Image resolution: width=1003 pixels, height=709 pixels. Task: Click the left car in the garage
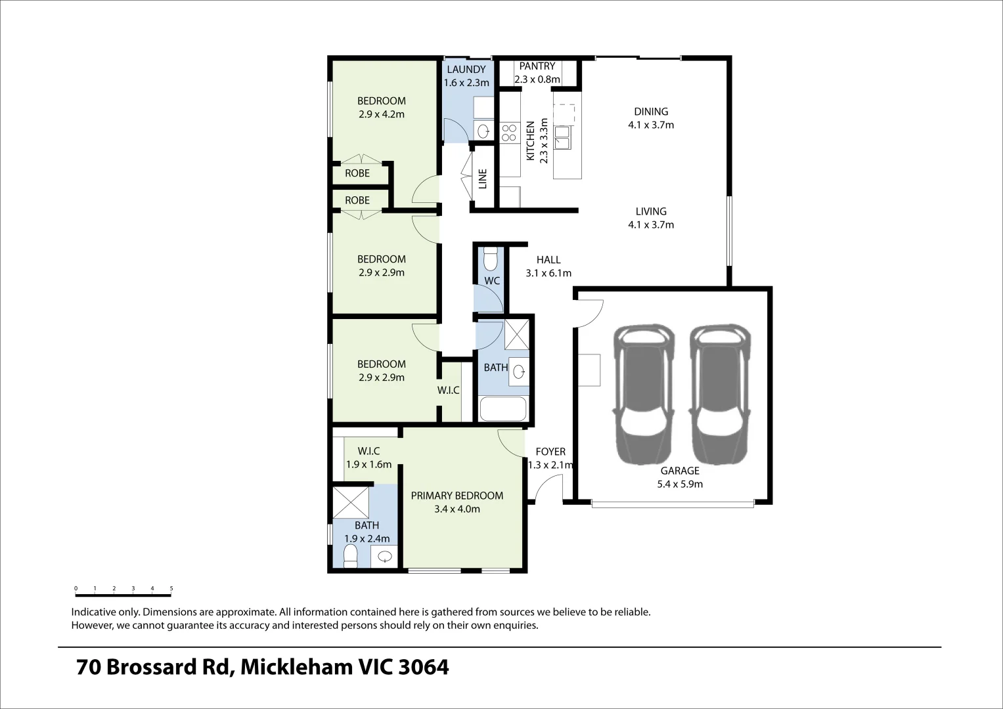643,394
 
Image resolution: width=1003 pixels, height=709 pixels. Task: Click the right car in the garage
720,394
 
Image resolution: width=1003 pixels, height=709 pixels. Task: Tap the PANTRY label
537,66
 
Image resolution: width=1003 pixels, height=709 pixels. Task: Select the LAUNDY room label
466,70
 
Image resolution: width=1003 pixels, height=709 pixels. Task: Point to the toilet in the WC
490,259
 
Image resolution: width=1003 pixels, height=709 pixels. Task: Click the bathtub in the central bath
503,409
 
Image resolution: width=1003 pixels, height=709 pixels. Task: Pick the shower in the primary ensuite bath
350,502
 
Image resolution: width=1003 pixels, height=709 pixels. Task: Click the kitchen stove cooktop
509,133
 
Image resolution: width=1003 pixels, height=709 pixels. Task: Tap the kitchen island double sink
562,138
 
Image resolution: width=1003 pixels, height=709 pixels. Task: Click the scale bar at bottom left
123,594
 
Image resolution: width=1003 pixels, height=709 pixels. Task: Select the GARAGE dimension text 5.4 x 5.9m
680,484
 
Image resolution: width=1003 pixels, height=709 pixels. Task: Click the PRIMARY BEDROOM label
457,496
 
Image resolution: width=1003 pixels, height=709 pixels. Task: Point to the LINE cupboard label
483,179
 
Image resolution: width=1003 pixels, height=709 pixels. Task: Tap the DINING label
651,112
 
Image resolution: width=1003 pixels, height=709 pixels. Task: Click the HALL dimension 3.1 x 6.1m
548,273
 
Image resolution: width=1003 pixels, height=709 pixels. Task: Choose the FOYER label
550,452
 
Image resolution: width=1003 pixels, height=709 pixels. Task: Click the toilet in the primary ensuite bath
351,555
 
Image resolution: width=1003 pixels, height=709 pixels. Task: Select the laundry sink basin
483,131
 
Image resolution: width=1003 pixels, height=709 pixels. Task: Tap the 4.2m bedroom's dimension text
382,114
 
